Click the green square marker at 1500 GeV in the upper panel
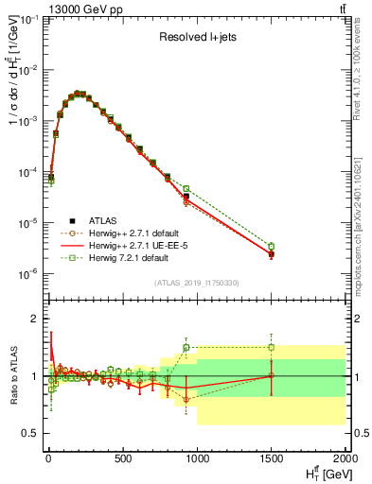pos(271,247)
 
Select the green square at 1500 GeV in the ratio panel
pos(271,347)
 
